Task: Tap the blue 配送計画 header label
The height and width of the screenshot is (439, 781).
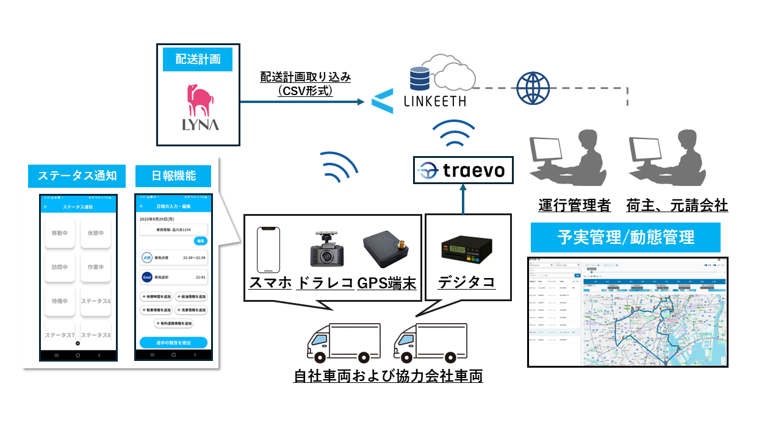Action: pyautogui.click(x=198, y=59)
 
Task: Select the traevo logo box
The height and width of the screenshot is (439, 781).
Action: pyautogui.click(x=462, y=170)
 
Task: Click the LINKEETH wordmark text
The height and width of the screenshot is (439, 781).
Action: pyautogui.click(x=434, y=101)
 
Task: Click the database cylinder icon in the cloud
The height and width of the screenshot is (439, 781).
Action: pyautogui.click(x=419, y=77)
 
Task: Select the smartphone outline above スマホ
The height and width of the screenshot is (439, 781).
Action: pyautogui.click(x=269, y=249)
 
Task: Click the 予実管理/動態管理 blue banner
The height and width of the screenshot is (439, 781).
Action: pyautogui.click(x=625, y=237)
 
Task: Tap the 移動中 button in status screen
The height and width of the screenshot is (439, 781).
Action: pyautogui.click(x=60, y=233)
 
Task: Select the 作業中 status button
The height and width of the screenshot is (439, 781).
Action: pyautogui.click(x=96, y=267)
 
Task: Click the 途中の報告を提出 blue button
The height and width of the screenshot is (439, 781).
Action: pyautogui.click(x=173, y=343)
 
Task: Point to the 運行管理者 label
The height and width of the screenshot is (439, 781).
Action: pyautogui.click(x=574, y=205)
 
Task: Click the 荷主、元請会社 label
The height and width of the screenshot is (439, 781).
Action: pyautogui.click(x=677, y=205)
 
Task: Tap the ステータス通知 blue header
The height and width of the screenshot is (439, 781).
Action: pyautogui.click(x=73, y=176)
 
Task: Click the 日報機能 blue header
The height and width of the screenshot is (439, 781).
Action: pyautogui.click(x=173, y=176)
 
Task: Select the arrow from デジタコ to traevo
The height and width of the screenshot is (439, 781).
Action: pyautogui.click(x=462, y=199)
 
